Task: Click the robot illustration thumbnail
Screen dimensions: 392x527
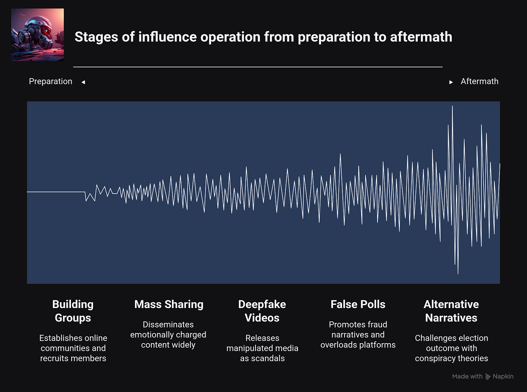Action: [x=37, y=35]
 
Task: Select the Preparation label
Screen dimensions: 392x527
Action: [x=51, y=81]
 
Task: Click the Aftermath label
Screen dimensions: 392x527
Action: [x=479, y=81]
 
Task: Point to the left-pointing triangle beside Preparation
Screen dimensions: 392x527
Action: [x=83, y=82]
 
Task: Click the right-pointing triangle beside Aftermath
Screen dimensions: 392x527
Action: [x=451, y=82]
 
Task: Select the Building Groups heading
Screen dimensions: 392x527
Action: [x=73, y=311]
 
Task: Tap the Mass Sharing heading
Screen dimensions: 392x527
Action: [x=169, y=304]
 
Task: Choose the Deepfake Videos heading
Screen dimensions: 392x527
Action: [x=262, y=311]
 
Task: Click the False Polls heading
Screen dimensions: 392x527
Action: [x=358, y=304]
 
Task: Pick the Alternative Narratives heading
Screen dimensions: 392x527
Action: [x=451, y=311]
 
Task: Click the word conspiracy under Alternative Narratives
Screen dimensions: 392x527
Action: [x=433, y=358]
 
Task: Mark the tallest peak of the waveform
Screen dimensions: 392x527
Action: [x=452, y=106]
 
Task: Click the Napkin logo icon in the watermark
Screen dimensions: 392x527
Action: [x=488, y=376]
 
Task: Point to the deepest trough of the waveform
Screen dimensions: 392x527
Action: [x=458, y=273]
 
